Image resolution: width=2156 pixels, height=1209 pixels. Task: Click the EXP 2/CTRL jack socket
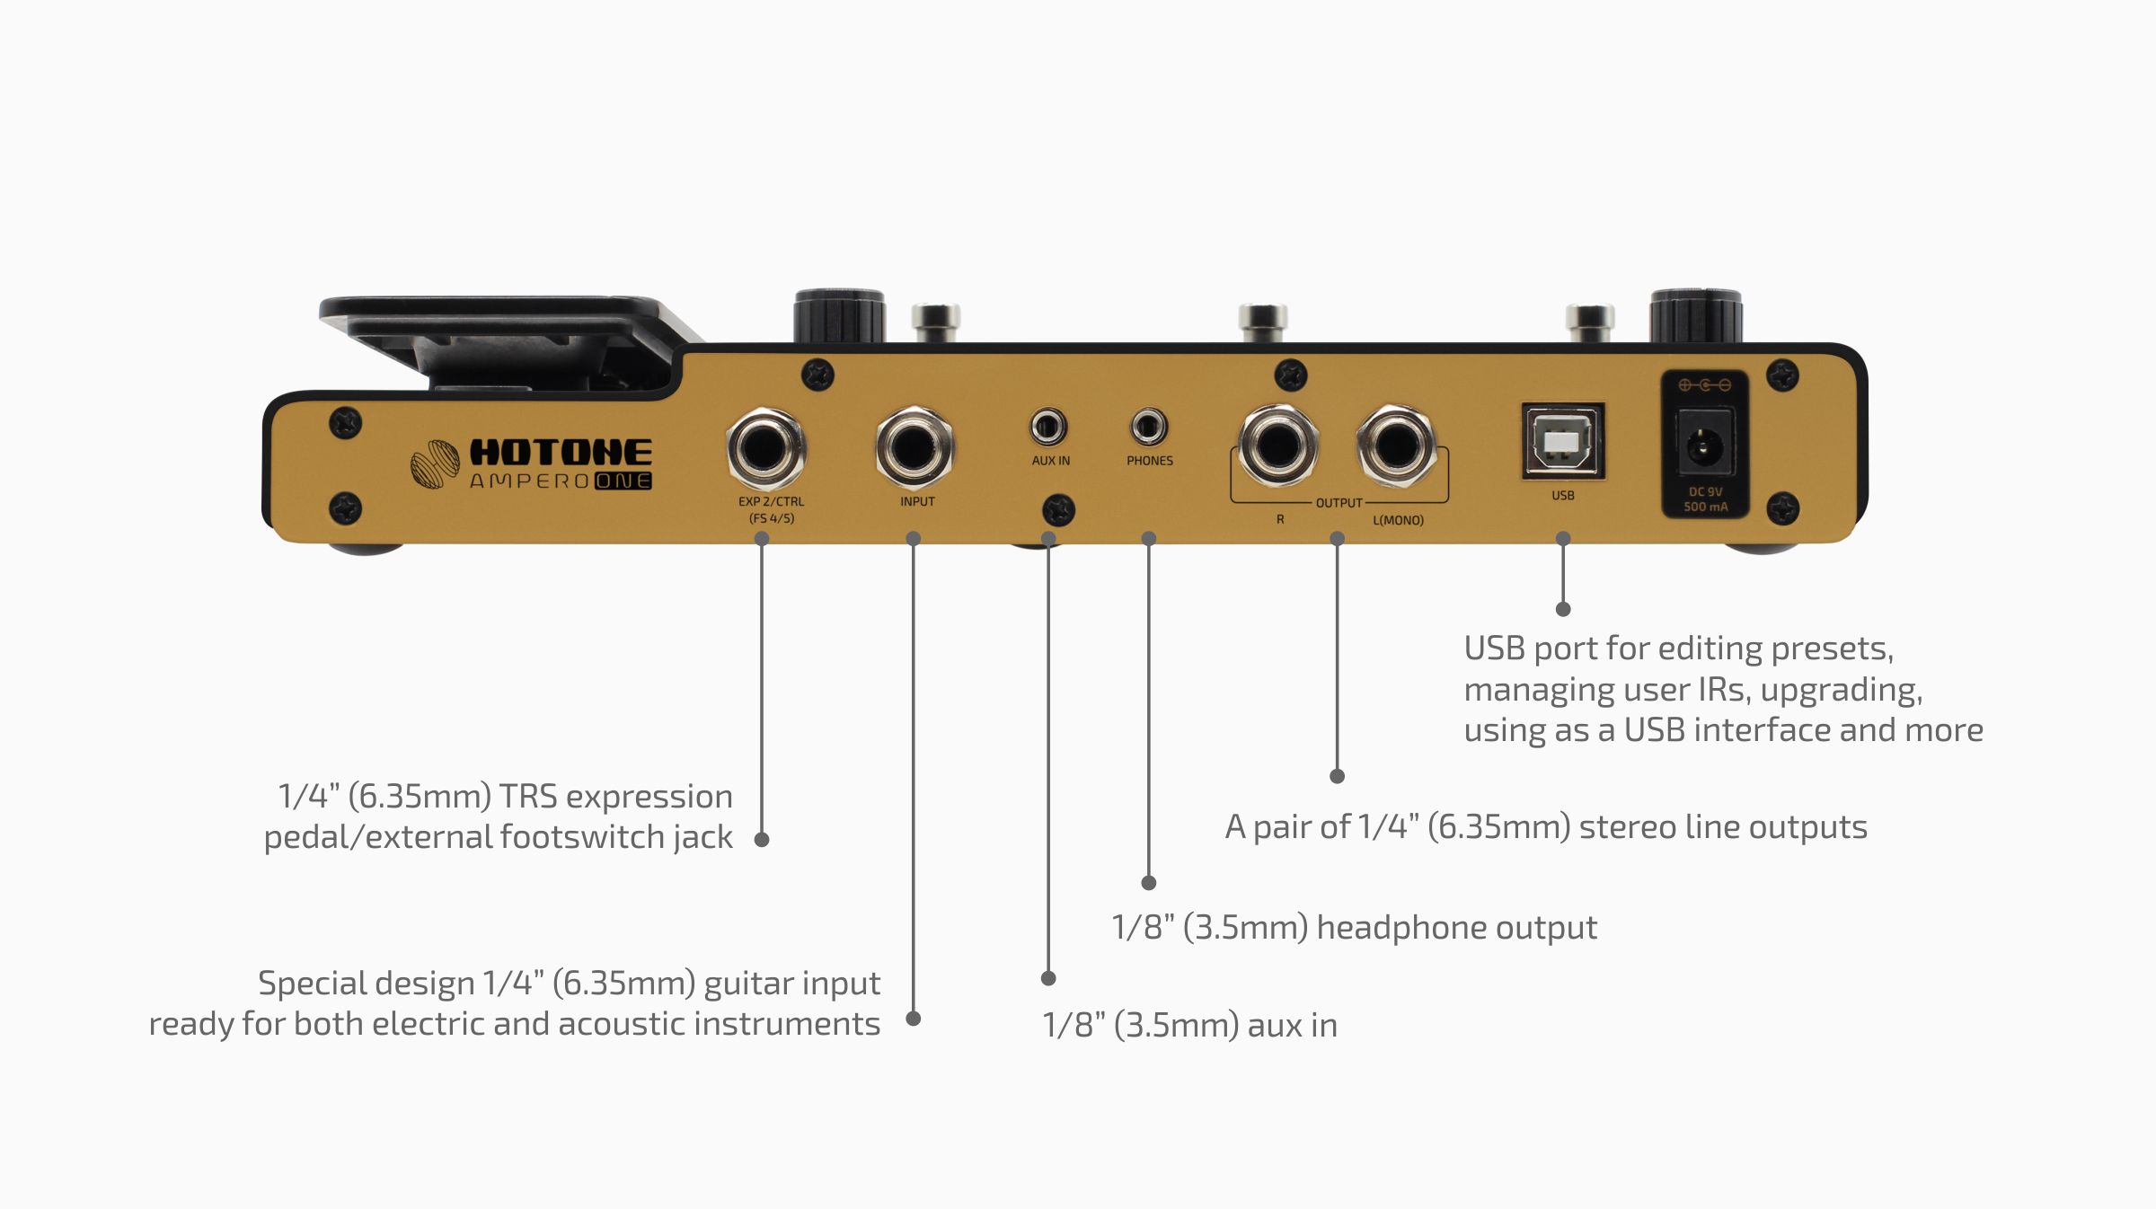pyautogui.click(x=765, y=447)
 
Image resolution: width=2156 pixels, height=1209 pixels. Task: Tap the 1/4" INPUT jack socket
pyautogui.click(x=914, y=447)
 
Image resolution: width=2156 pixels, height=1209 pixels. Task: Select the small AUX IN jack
pyautogui.click(x=1047, y=427)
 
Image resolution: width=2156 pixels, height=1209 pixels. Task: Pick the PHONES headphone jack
pyautogui.click(x=1148, y=427)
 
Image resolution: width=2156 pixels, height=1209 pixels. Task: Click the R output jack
pyautogui.click(x=1277, y=446)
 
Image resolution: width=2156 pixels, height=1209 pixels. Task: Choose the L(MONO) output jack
pyautogui.click(x=1396, y=446)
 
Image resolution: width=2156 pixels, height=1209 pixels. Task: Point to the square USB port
pyautogui.click(x=1563, y=441)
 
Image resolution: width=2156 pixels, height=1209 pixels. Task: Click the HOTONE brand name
pyautogui.click(x=561, y=452)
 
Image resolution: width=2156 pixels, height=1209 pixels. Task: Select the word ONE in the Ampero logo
pyautogui.click(x=623, y=481)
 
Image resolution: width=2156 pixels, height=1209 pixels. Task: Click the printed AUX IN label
pyautogui.click(x=1051, y=461)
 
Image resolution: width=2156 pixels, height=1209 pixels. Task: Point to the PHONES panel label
pyautogui.click(x=1150, y=461)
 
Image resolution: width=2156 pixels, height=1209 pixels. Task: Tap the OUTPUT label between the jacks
pyautogui.click(x=1339, y=503)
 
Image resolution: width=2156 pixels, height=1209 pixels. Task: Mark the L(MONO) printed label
pyautogui.click(x=1398, y=520)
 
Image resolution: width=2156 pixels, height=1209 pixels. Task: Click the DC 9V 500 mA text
pyautogui.click(x=1705, y=499)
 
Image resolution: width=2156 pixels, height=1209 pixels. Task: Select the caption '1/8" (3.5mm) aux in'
pyautogui.click(x=1189, y=1025)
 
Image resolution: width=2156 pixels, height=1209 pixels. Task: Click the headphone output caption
pyautogui.click(x=1354, y=927)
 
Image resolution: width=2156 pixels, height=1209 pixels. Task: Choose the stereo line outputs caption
pyautogui.click(x=1546, y=827)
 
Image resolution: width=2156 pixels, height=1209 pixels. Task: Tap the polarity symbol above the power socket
pyautogui.click(x=1705, y=385)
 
